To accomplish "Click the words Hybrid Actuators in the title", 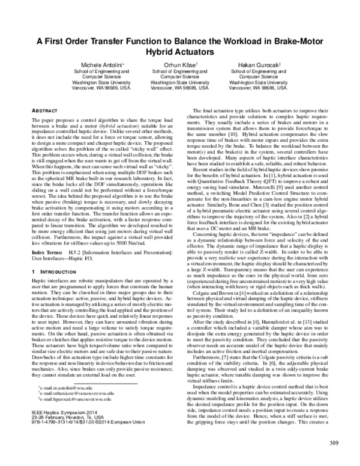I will click(x=180, y=52).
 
